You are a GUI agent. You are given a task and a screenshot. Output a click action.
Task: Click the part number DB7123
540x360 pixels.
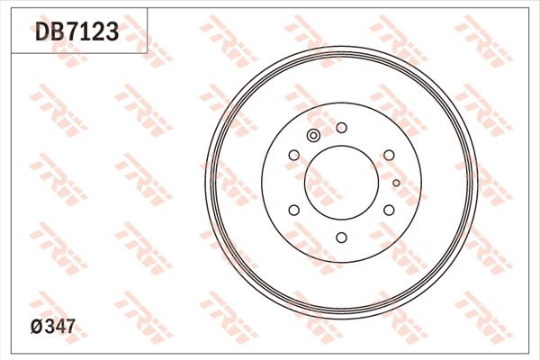tap(76, 33)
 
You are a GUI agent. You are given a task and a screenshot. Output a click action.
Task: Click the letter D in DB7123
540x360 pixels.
tap(42, 33)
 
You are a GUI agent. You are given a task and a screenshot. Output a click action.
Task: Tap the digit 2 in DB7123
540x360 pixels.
tap(98, 33)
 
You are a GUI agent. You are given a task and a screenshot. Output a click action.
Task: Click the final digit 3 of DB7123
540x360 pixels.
tap(112, 33)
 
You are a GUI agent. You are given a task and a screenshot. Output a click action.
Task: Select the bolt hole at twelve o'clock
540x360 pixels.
tap(341, 128)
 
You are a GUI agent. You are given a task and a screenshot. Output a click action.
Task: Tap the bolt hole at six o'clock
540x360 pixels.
tap(341, 238)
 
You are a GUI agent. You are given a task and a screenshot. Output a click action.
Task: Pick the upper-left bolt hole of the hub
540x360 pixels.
tap(293, 156)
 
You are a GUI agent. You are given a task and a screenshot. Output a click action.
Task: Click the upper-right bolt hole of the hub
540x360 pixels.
tap(389, 156)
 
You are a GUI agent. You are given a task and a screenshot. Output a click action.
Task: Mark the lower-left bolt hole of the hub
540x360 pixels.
tap(293, 210)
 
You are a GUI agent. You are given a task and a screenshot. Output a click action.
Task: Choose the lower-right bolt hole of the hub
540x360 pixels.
tap(389, 210)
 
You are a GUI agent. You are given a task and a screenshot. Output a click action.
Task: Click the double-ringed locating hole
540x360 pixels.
tap(313, 136)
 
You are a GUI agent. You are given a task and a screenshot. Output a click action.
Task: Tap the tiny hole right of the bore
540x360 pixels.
tap(396, 183)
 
